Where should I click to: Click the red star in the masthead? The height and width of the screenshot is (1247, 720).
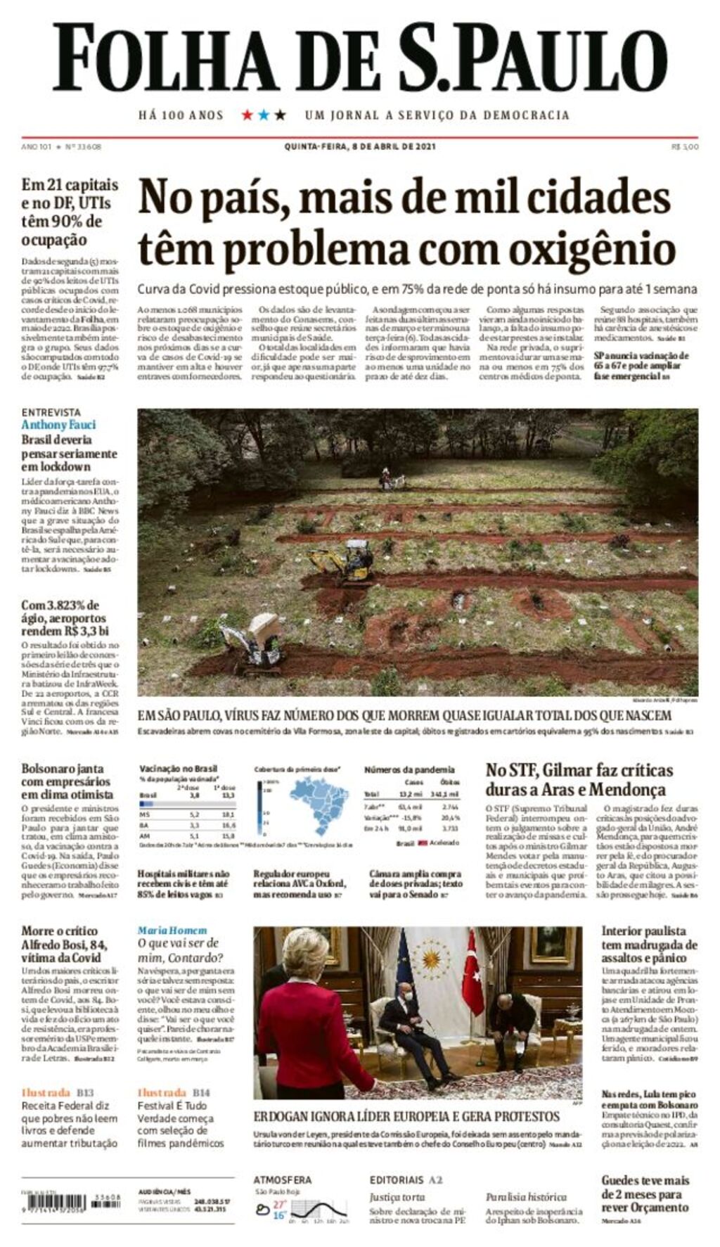click(x=247, y=115)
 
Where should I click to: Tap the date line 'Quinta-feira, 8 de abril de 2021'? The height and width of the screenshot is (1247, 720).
click(x=360, y=146)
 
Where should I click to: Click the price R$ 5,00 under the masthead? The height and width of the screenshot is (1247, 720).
click(x=685, y=146)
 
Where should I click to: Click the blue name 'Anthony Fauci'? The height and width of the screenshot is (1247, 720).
click(x=58, y=425)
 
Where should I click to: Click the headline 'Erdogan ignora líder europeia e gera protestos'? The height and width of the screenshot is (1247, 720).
click(x=406, y=1116)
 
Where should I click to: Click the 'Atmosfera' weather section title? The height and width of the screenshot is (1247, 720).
click(x=282, y=1179)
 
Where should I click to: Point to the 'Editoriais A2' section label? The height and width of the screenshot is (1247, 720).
click(x=406, y=1179)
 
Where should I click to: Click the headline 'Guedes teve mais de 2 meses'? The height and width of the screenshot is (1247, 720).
click(x=645, y=1194)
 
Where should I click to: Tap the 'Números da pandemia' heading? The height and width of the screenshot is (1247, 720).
click(x=409, y=769)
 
